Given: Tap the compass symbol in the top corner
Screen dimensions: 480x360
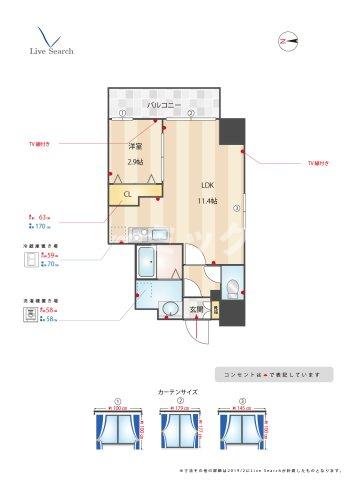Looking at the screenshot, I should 290,40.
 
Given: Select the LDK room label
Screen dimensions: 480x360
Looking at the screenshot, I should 207,185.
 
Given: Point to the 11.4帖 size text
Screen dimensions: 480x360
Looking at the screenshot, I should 207,201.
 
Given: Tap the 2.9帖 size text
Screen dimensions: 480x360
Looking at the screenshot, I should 133,162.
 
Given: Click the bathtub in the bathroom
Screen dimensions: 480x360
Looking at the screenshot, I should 146,263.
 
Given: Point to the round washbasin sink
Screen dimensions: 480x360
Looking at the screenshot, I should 169,308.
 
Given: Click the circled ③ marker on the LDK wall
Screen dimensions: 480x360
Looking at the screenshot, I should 236,208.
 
